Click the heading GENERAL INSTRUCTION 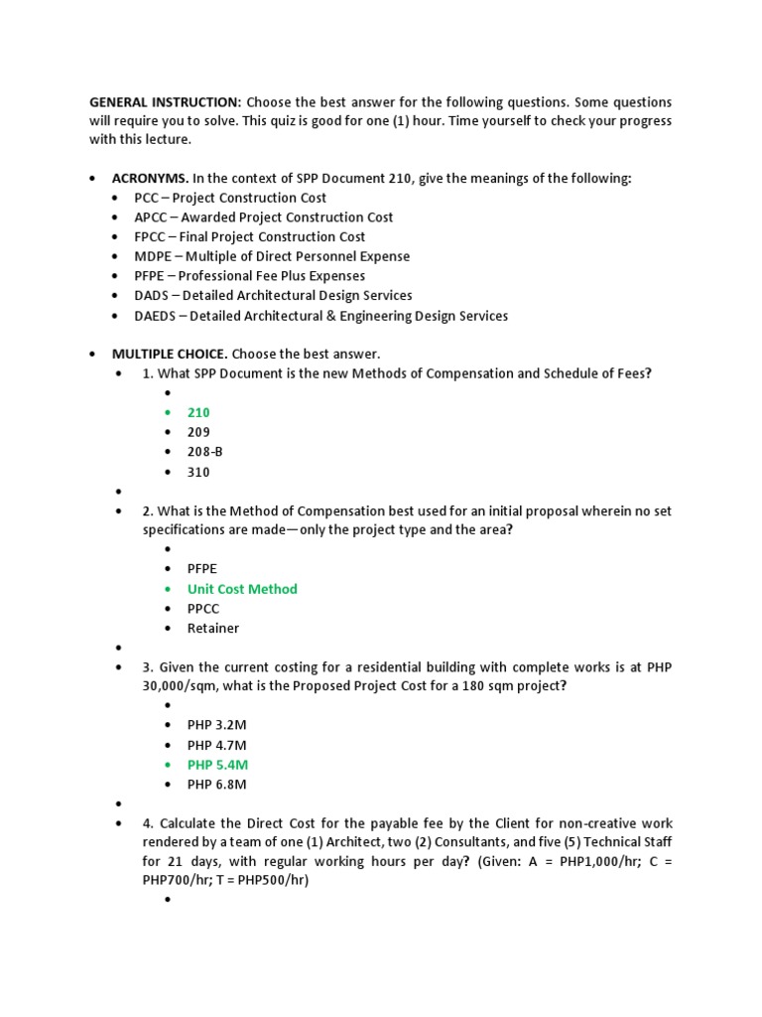pyautogui.click(x=165, y=102)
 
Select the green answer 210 pyautogui.click(x=198, y=412)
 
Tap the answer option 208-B pyautogui.click(x=205, y=452)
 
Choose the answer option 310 pyautogui.click(x=198, y=472)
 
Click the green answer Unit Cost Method pyautogui.click(x=242, y=589)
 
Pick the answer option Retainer pyautogui.click(x=213, y=628)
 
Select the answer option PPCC pyautogui.click(x=203, y=608)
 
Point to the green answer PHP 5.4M pyautogui.click(x=217, y=765)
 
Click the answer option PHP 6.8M pyautogui.click(x=216, y=785)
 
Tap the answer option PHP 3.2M pyautogui.click(x=216, y=725)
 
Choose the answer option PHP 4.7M pyautogui.click(x=216, y=745)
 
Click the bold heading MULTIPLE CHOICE pyautogui.click(x=170, y=354)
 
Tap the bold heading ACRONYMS pyautogui.click(x=150, y=178)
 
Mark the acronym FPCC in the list pyautogui.click(x=152, y=236)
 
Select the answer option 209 pyautogui.click(x=198, y=432)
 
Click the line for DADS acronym pyautogui.click(x=273, y=296)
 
